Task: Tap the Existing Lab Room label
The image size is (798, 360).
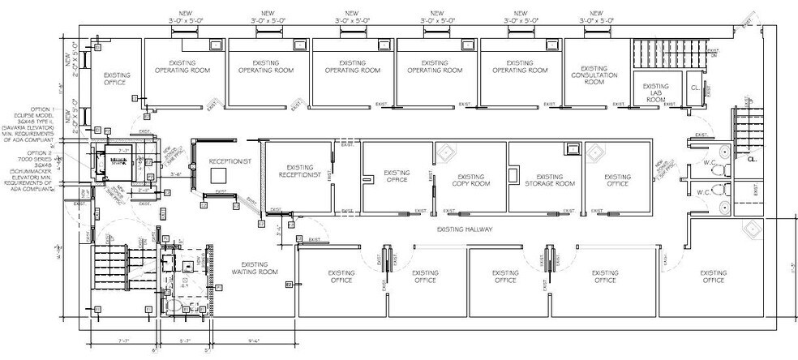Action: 654,92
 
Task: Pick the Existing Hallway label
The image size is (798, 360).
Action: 465,229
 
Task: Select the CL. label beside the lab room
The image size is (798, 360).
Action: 695,88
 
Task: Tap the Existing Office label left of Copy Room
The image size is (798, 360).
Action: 396,178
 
